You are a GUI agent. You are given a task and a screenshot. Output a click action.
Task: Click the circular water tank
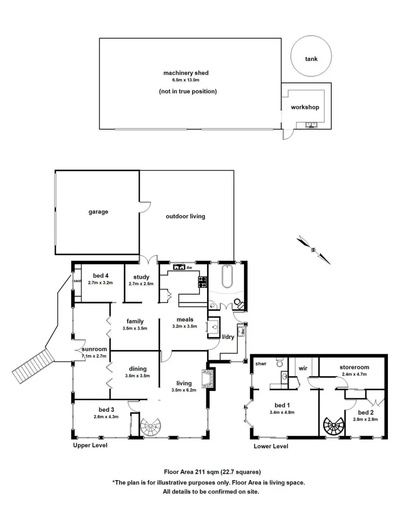coord(312,59)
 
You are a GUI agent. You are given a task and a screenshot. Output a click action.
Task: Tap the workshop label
coord(305,107)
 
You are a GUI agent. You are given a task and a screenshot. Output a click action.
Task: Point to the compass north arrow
coord(314,249)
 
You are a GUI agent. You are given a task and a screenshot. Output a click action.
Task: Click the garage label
coord(98,211)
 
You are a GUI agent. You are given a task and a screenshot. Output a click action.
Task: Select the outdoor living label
coord(185,216)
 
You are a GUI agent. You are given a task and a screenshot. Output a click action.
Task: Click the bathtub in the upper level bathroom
coord(227,277)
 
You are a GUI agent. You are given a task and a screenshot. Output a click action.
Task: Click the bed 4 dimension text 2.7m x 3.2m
coord(100,283)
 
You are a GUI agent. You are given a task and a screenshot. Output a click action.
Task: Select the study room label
coord(141,277)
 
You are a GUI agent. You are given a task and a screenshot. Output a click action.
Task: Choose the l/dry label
coord(229,337)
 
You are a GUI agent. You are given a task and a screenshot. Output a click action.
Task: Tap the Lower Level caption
coord(271,447)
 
